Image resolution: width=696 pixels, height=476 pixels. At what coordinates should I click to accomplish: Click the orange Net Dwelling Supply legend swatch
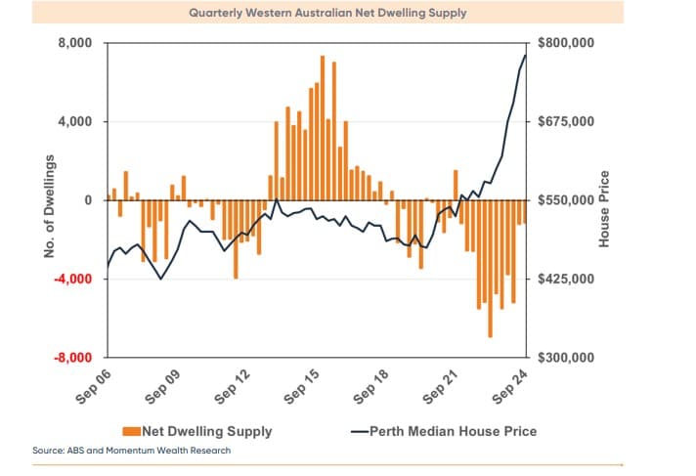point(130,430)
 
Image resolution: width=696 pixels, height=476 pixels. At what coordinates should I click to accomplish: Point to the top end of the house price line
point(525,55)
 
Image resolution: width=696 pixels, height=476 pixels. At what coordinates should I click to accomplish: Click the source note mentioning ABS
point(132,451)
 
